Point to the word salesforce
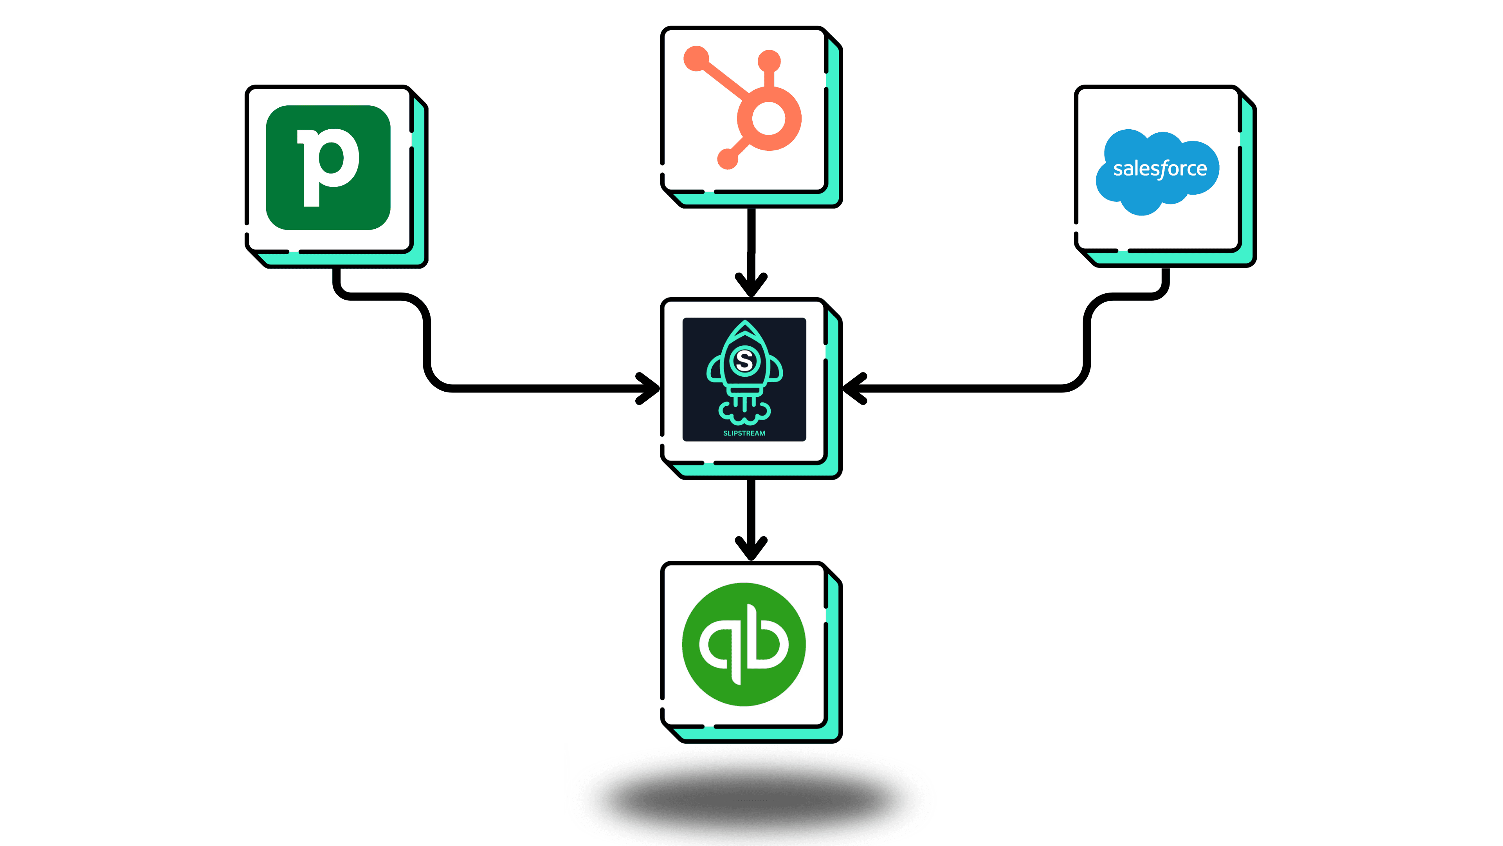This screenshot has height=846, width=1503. pyautogui.click(x=1159, y=169)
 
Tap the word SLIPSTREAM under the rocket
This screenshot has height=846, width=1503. pyautogui.click(x=744, y=433)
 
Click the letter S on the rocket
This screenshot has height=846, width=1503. pyautogui.click(x=744, y=360)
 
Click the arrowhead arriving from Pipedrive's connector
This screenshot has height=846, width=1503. pyautogui.click(x=649, y=388)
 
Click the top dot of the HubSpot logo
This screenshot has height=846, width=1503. pyautogui.click(x=769, y=61)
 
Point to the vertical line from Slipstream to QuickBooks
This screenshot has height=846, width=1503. pyautogui.click(x=751, y=508)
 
